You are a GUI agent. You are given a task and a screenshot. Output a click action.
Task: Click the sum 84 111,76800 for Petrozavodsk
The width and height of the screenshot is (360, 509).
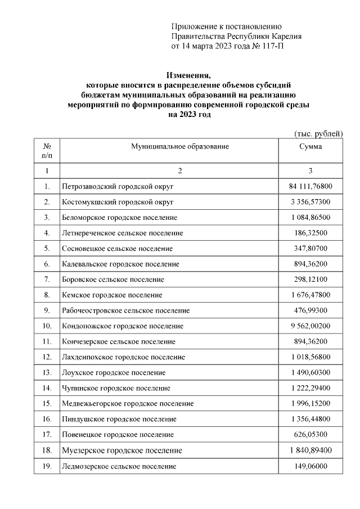pos(310,186)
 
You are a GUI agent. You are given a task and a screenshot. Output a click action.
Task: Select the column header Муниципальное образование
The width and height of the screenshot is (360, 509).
pos(180,146)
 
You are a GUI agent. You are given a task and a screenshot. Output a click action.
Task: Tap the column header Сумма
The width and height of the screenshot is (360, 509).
pos(310,146)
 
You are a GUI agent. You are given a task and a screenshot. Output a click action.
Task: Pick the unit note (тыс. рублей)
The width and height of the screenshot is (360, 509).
pos(318,133)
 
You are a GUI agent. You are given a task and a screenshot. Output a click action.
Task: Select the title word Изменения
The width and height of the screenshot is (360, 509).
pos(188,75)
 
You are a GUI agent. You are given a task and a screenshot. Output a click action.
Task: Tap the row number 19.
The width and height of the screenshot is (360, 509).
pos(47,466)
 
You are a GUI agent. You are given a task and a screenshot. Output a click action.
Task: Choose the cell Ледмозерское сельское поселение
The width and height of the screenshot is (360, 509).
pos(118,466)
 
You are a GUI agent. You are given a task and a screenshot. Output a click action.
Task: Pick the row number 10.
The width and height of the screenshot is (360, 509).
pos(47,326)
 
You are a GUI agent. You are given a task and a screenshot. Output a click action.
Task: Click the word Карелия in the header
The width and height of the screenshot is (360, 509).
pos(286,36)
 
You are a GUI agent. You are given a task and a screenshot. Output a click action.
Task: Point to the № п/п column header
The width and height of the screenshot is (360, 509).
pos(47,150)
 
